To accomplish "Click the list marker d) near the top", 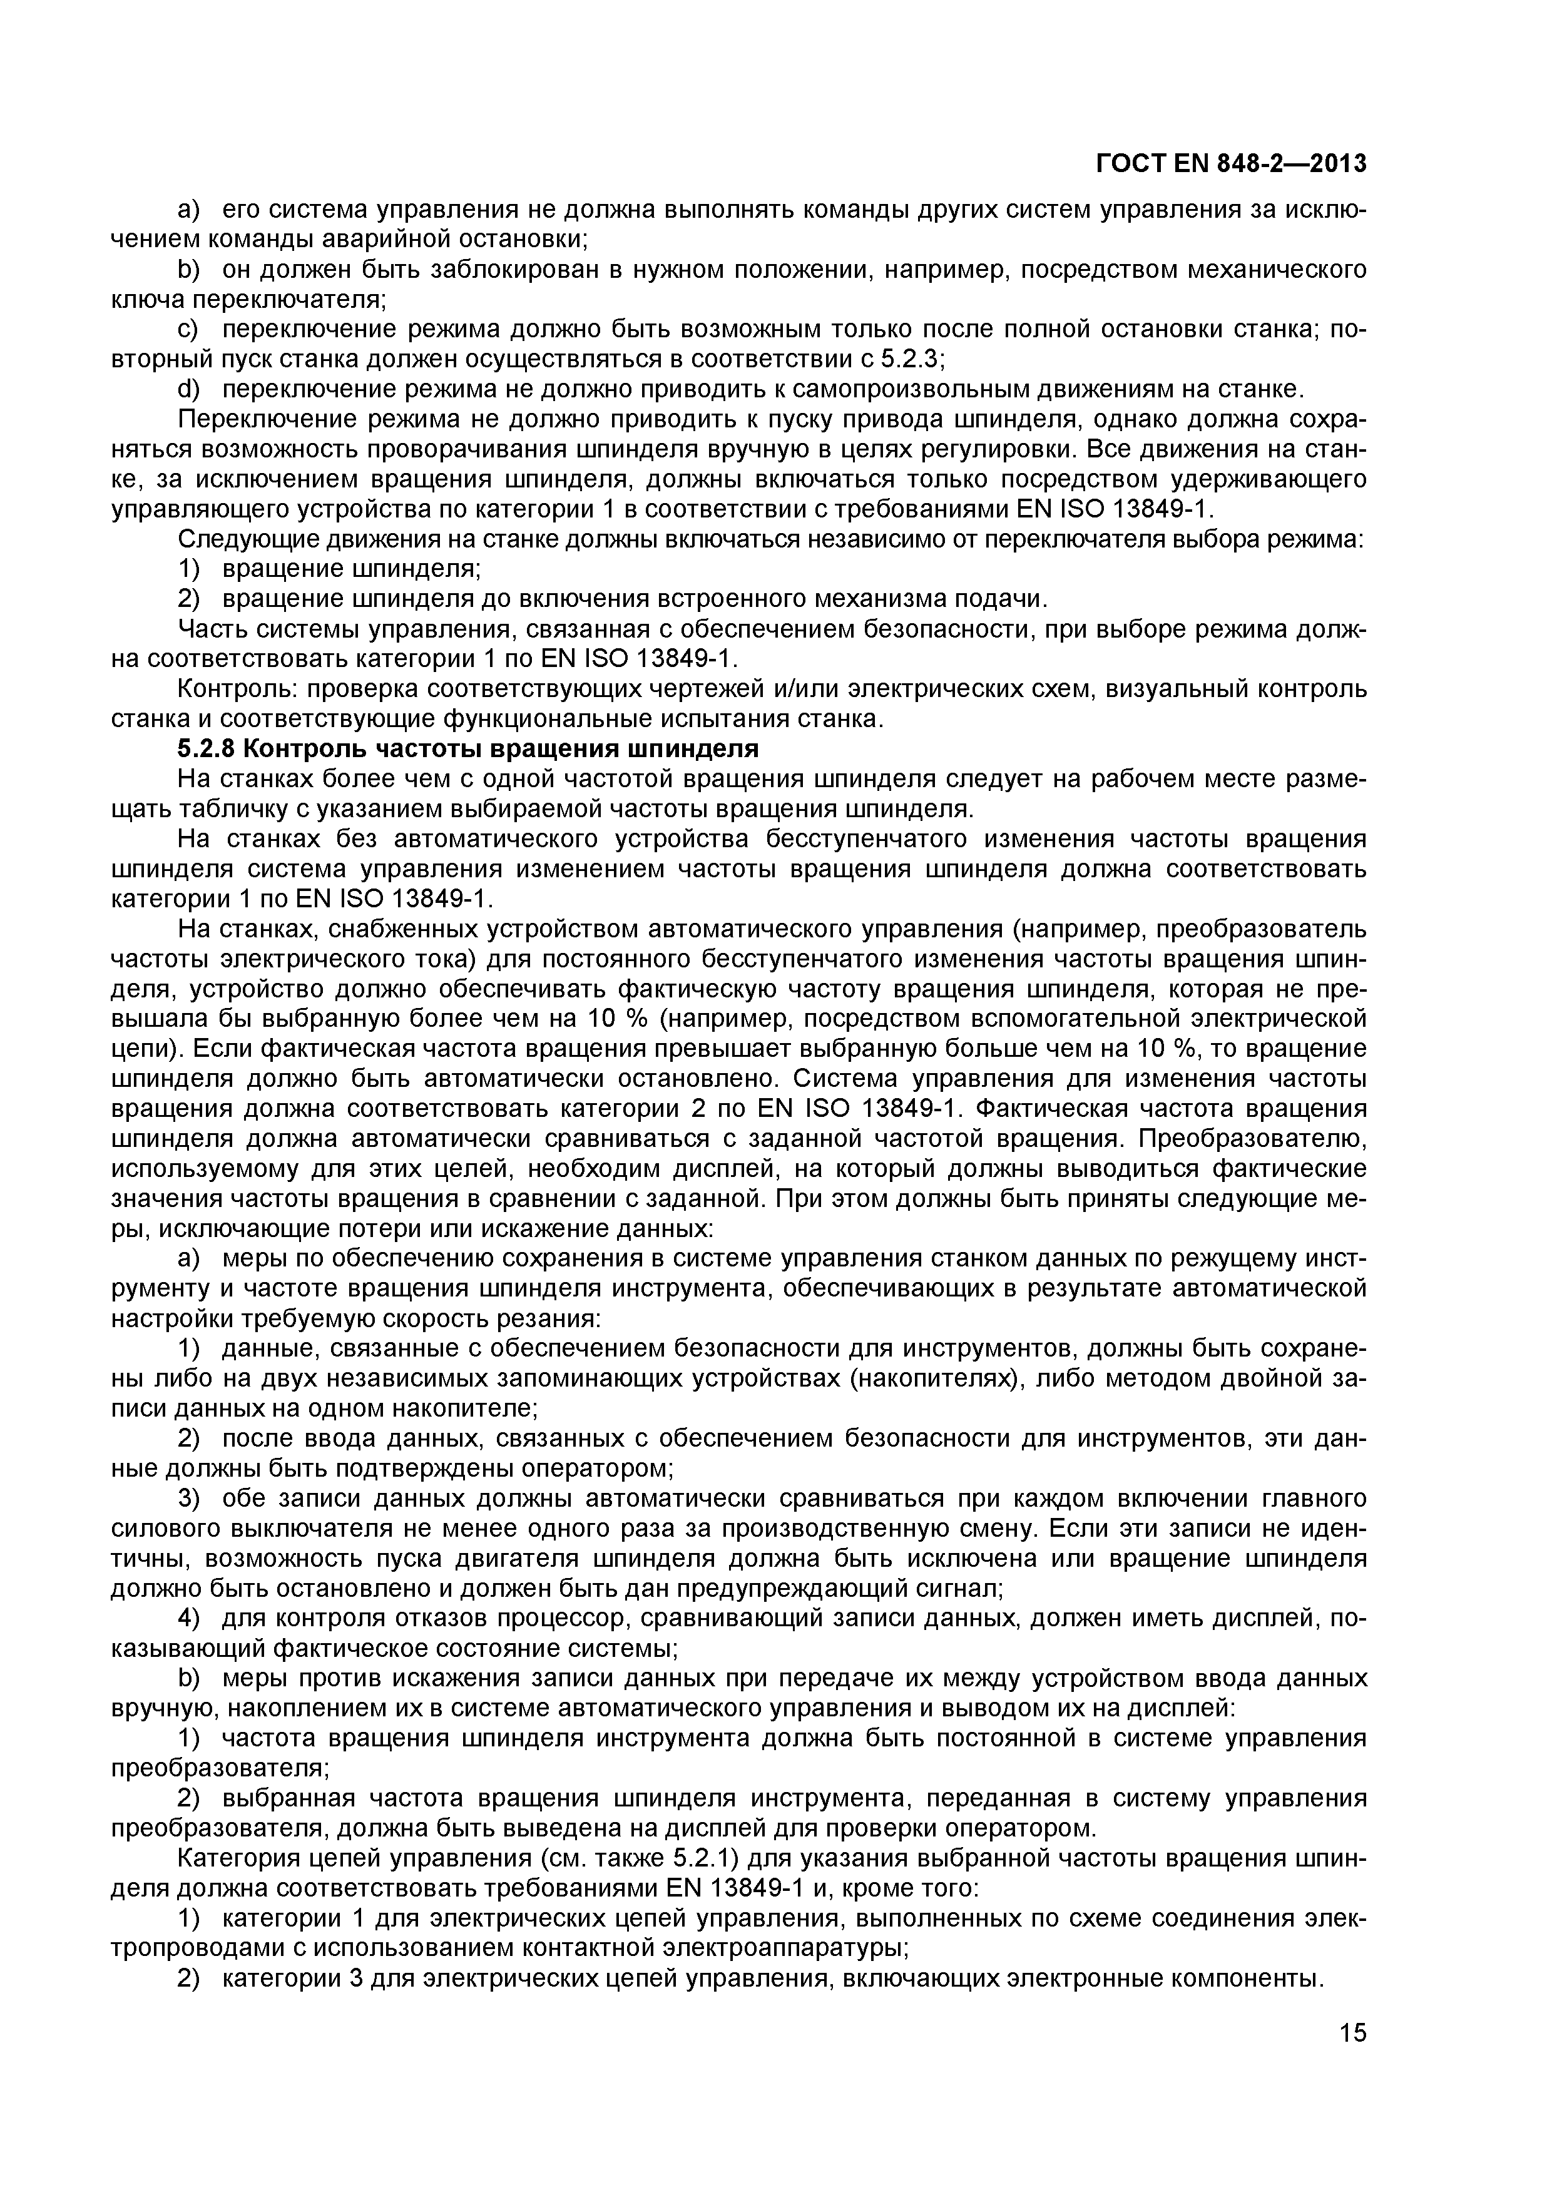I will coord(190,389).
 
